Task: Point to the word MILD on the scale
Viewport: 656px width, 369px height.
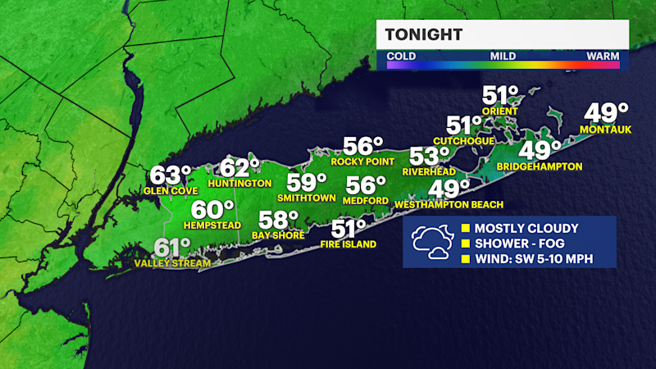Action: pos(502,56)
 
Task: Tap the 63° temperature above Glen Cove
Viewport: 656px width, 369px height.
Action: pos(170,175)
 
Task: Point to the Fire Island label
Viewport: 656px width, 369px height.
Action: pos(348,244)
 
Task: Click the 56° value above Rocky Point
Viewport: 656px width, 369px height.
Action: pos(363,147)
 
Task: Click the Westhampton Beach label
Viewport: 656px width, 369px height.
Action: pos(449,204)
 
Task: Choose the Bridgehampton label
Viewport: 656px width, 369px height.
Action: pos(540,166)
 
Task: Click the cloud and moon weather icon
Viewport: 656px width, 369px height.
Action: pos(431,241)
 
